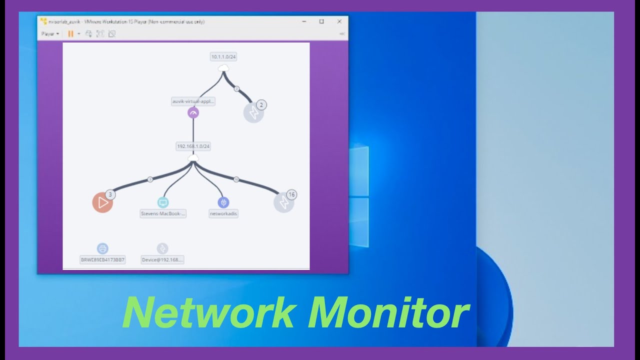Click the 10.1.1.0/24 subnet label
point(223,57)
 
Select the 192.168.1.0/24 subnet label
point(193,146)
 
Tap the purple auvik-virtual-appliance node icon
point(193,113)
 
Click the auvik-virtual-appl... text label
point(193,101)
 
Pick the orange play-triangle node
point(102,202)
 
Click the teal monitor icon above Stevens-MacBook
point(163,202)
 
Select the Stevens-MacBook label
point(163,213)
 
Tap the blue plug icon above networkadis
point(223,202)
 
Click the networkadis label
point(223,213)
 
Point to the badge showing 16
point(291,194)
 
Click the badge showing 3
point(110,194)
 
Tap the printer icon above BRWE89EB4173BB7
point(102,248)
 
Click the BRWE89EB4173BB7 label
point(102,260)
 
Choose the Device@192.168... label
point(162,260)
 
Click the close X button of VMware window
point(339,21)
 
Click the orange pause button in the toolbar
point(70,33)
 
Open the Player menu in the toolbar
point(50,33)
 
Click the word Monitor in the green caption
point(388,313)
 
